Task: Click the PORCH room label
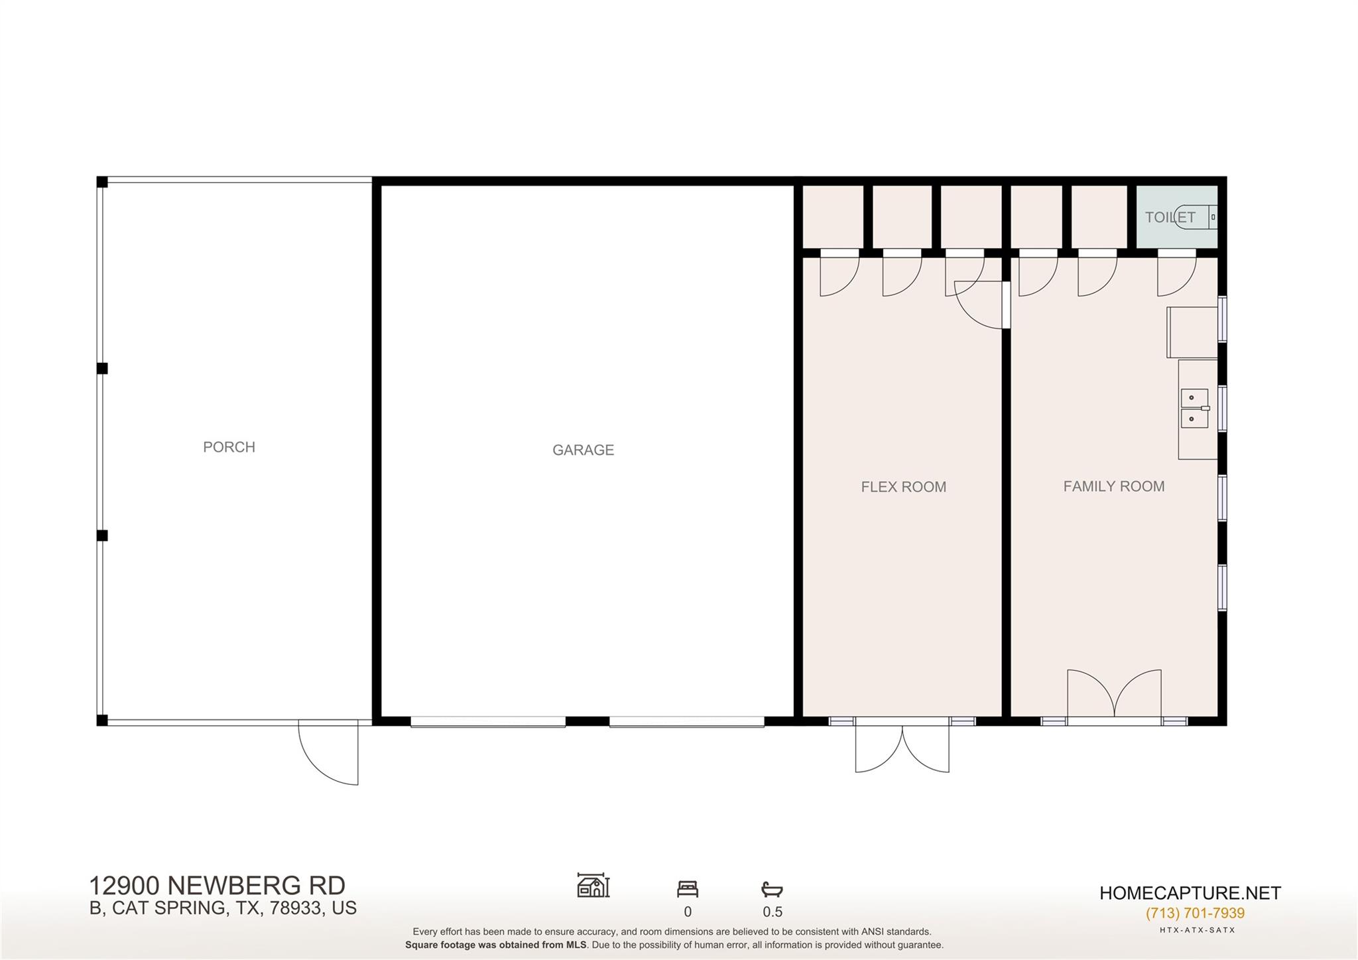click(229, 447)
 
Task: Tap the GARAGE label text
click(583, 450)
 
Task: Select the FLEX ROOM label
click(903, 487)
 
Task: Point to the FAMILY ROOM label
click(1113, 486)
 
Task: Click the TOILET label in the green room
click(1170, 217)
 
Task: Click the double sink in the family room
click(1194, 408)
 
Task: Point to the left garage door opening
click(488, 722)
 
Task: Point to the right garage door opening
click(686, 722)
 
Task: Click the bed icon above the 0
click(688, 888)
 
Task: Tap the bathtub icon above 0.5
click(772, 889)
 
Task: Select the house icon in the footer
click(593, 886)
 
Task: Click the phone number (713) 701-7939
click(1195, 913)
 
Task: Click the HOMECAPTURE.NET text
click(1190, 893)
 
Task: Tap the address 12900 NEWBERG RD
click(217, 886)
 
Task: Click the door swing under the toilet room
click(1176, 275)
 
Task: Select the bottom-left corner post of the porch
click(102, 720)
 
